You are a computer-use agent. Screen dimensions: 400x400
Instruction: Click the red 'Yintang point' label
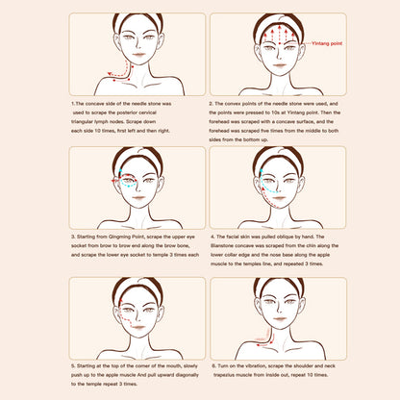pos(327,43)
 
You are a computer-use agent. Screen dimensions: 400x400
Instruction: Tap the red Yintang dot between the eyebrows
pos(280,43)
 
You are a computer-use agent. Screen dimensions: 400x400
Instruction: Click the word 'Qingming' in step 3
pos(118,237)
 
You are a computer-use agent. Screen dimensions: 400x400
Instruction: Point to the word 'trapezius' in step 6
pos(224,375)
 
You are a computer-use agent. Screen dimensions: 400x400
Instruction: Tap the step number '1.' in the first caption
pos(73,104)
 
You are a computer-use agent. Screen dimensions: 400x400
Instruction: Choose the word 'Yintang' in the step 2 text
pos(295,112)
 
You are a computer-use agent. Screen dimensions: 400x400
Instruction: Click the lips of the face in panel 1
pos(139,55)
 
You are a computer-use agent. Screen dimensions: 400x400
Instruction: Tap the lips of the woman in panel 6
pos(280,319)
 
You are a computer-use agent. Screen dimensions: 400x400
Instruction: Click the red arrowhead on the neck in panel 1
pos(110,74)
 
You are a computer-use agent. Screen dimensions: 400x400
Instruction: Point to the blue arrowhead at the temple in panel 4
pos(262,170)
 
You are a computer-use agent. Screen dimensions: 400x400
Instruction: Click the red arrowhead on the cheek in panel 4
pos(264,189)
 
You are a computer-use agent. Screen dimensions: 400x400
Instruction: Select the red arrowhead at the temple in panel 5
pos(121,301)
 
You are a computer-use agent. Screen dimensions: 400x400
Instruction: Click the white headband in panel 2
pos(279,21)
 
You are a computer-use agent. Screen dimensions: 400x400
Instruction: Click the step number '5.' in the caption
pos(73,366)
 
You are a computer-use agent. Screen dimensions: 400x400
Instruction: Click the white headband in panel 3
pos(138,156)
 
